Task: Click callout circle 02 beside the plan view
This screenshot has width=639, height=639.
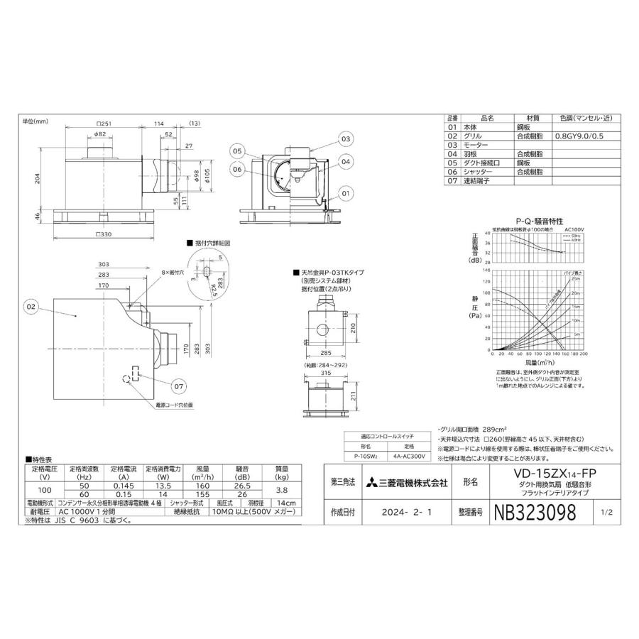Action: (31, 307)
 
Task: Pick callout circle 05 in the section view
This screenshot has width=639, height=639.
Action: (236, 151)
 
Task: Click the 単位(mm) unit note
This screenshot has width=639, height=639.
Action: (35, 121)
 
